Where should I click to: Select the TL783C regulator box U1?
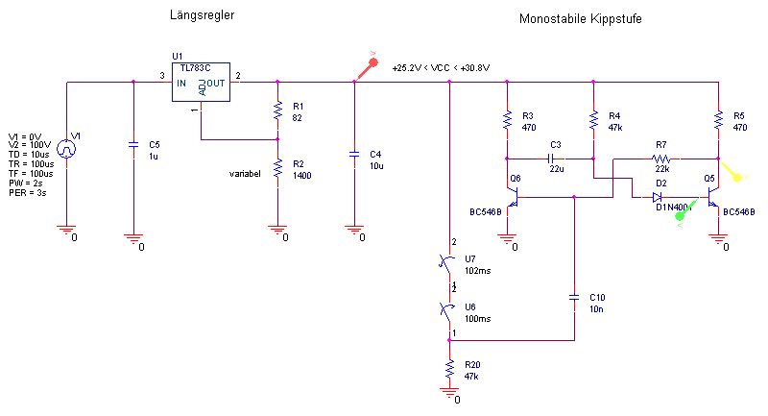[201, 85]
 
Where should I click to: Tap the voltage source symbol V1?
[66, 149]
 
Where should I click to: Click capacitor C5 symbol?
[133, 146]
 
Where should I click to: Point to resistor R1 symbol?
[277, 110]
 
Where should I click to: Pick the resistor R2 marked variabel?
[277, 168]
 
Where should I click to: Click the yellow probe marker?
[736, 175]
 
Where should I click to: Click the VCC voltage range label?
[441, 68]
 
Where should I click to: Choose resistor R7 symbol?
[660, 158]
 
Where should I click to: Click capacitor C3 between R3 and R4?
[554, 158]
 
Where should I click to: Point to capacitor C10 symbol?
[573, 297]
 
